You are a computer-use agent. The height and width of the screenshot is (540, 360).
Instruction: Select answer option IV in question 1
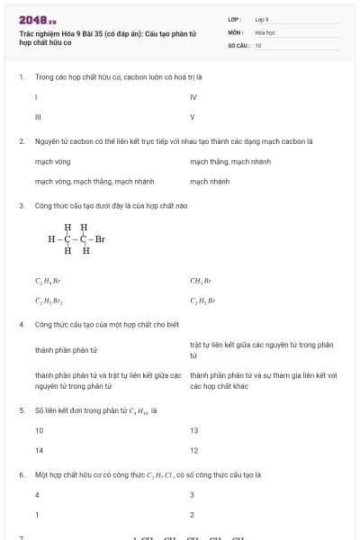coord(193,96)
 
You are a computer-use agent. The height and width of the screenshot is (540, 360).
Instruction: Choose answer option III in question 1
coord(38,116)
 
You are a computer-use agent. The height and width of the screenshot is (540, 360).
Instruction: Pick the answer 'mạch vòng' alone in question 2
coord(52,161)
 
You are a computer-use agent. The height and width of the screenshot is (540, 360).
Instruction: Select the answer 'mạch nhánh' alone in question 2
coord(210,181)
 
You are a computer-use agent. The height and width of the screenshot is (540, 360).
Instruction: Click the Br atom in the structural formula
coord(100,239)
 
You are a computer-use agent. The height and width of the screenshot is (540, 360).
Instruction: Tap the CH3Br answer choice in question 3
coord(201,281)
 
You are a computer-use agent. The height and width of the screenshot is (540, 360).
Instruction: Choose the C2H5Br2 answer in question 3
coord(49,301)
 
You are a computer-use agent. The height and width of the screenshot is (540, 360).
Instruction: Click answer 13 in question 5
coord(194,430)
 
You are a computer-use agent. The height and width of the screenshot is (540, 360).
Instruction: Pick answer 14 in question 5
coord(39,450)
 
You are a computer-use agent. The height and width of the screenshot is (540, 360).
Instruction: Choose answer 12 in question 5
coord(194,450)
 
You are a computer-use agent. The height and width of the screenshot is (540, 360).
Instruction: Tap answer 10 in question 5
coord(39,430)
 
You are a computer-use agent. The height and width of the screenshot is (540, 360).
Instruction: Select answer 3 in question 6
coord(192,495)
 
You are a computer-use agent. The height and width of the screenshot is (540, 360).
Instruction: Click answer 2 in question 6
coord(192,515)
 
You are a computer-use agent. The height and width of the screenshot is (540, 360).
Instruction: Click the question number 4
coord(22,323)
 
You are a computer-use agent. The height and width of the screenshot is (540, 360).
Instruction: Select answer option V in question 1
coord(193,116)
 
